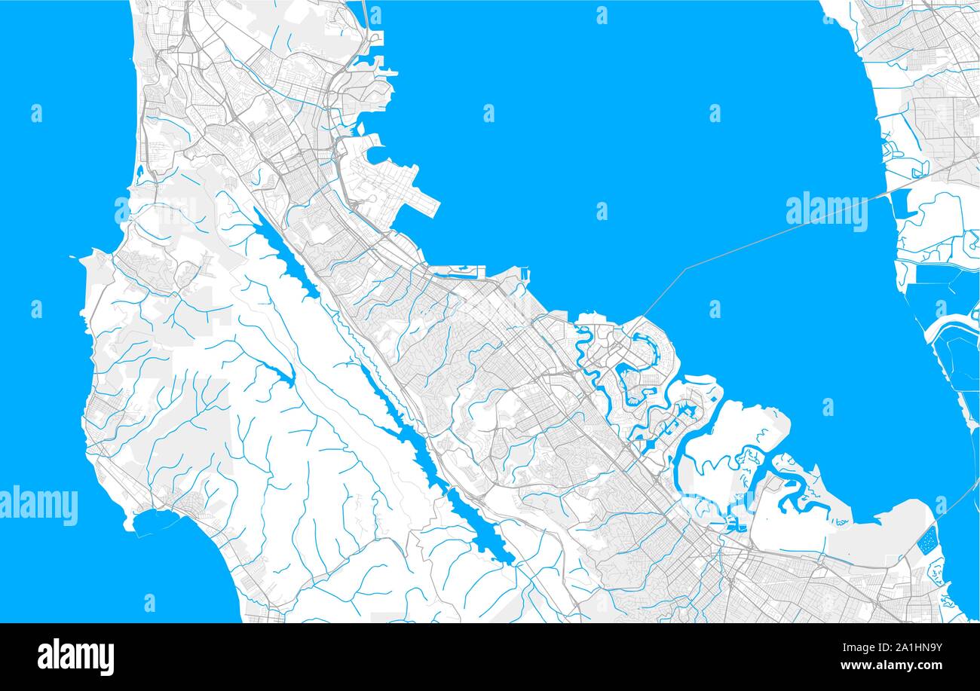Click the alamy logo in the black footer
pyautogui.click(x=75, y=656)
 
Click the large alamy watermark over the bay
pyautogui.click(x=826, y=212)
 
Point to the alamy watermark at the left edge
pyautogui.click(x=38, y=506)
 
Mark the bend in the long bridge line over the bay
pyautogui.click(x=684, y=268)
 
